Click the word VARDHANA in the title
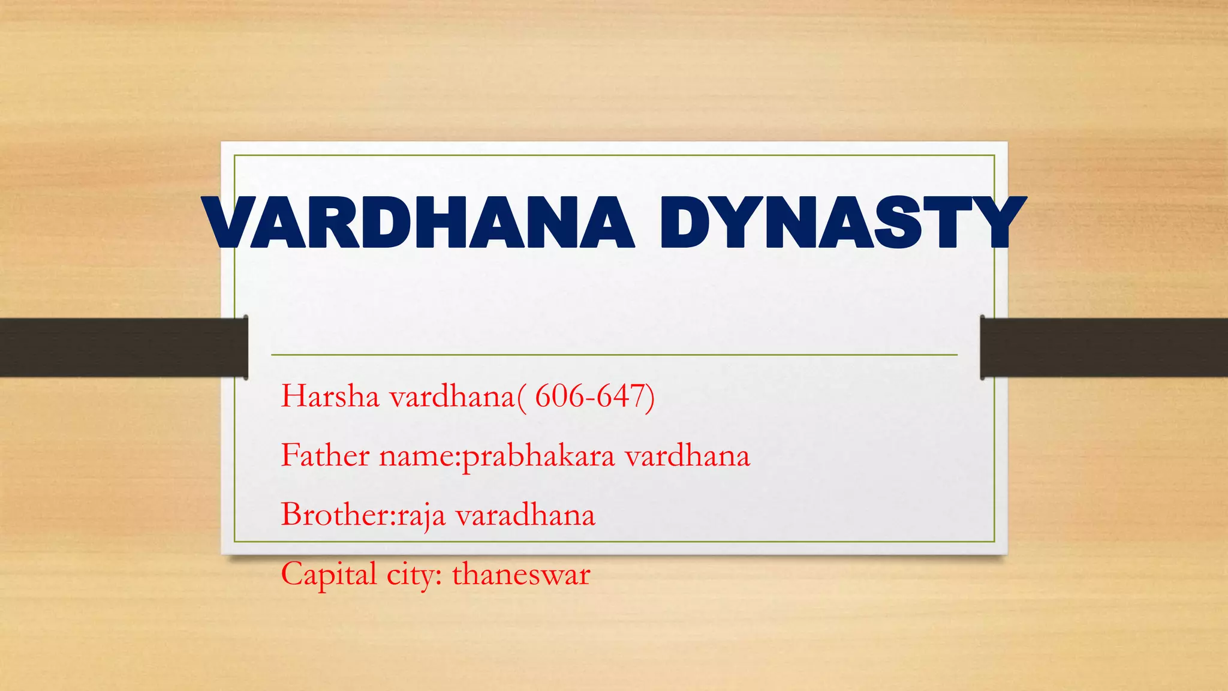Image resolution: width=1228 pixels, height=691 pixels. tap(419, 223)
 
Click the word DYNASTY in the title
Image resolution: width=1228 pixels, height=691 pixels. tap(842, 223)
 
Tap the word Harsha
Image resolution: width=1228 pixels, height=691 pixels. tap(330, 396)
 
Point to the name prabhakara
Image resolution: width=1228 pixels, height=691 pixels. tap(538, 456)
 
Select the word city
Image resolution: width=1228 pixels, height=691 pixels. tap(414, 575)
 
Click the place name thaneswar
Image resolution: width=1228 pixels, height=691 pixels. tap(521, 574)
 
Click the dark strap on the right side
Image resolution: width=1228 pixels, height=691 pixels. tap(1103, 347)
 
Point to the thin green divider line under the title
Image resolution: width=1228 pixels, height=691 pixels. tap(614, 355)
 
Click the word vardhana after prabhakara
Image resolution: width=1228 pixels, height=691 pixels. tap(687, 455)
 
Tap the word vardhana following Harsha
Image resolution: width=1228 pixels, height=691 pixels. tap(452, 396)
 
